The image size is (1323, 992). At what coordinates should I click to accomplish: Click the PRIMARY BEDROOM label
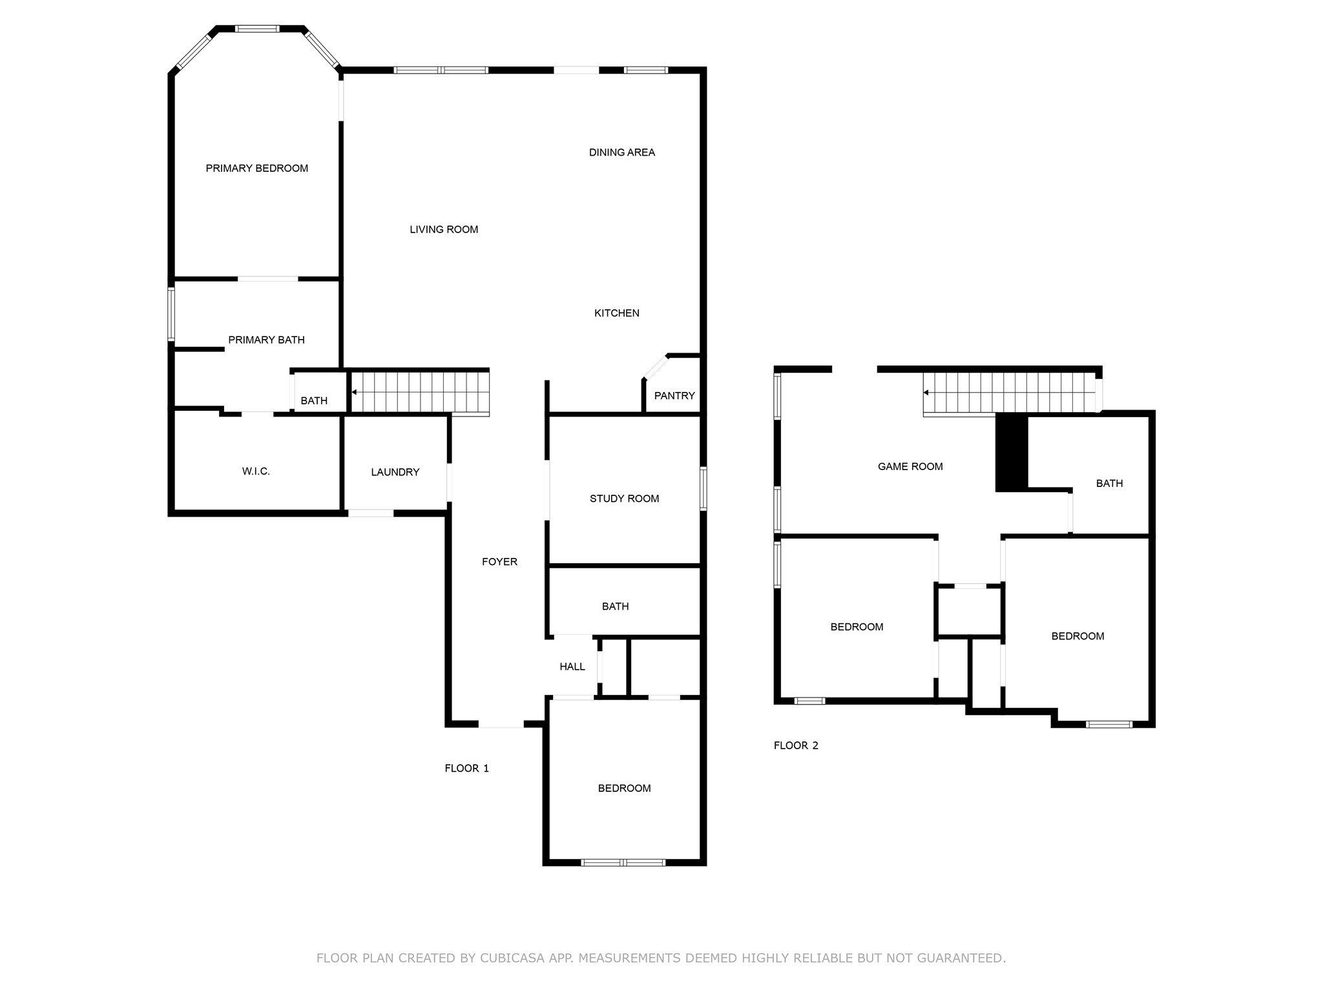click(256, 169)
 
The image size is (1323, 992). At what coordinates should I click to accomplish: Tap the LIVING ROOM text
click(444, 229)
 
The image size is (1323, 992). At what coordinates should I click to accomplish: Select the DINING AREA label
click(621, 152)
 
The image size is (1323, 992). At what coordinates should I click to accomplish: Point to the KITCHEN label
click(616, 313)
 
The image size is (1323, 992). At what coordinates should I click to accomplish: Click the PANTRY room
click(674, 395)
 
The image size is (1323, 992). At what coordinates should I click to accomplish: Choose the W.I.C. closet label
click(256, 471)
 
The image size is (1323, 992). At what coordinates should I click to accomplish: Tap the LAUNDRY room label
click(395, 472)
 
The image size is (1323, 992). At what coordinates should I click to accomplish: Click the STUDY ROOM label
click(624, 499)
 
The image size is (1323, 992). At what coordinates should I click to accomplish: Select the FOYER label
click(499, 562)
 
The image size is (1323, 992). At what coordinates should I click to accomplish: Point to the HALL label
click(572, 666)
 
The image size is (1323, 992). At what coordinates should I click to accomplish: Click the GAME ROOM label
click(910, 466)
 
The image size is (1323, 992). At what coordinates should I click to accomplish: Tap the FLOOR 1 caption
click(466, 769)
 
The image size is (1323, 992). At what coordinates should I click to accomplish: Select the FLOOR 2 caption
click(796, 745)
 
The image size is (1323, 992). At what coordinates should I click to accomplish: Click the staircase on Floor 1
click(420, 392)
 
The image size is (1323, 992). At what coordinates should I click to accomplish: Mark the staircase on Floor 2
click(1011, 393)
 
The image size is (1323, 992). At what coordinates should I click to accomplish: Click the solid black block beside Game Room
click(1011, 452)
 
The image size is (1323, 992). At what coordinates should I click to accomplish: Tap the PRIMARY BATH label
click(266, 340)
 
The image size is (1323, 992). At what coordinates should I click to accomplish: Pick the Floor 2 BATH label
click(1109, 483)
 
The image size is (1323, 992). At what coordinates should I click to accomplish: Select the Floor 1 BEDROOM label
click(624, 788)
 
